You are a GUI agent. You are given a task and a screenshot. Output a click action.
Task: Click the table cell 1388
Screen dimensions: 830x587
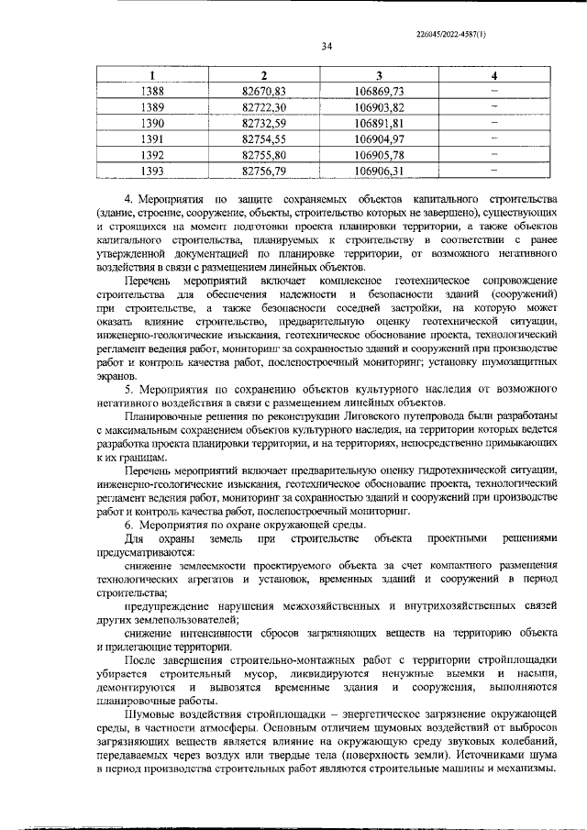click(x=153, y=91)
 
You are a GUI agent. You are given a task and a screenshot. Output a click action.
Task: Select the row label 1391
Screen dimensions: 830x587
click(x=153, y=138)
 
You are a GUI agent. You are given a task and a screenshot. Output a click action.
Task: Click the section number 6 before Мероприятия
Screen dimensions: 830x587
click(x=127, y=524)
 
